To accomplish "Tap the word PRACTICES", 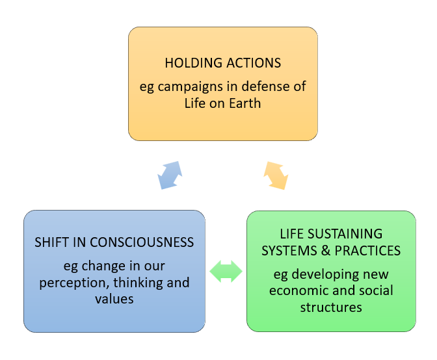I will [x=366, y=250].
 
